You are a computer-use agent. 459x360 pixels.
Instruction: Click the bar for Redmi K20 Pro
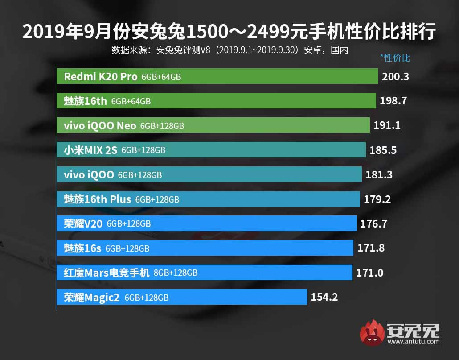217,76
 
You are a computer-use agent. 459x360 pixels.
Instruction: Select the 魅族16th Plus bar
208,199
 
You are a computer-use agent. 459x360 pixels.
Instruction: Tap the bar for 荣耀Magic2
182,297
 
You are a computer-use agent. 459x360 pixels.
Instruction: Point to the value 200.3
395,77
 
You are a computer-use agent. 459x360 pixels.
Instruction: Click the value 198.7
393,101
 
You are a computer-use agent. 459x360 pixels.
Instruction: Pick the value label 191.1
387,125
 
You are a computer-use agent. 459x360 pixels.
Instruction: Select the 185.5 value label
383,150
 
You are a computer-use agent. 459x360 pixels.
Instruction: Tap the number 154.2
324,297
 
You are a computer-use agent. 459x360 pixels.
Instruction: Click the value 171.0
369,273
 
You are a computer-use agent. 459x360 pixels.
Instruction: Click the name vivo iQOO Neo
100,126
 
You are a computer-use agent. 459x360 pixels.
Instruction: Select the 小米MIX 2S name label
90,150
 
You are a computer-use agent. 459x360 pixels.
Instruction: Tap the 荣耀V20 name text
83,223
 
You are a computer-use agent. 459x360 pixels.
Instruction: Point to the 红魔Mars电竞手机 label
107,273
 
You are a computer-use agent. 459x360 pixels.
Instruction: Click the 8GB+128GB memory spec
175,273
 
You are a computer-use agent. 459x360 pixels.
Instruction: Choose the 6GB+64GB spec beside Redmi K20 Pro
161,77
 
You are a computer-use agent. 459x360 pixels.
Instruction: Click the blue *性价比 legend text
395,58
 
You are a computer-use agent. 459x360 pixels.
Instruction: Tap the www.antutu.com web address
413,342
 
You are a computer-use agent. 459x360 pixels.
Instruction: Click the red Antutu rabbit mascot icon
373,332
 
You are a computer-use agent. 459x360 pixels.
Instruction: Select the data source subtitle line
229,50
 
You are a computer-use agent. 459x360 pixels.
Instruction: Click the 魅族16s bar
205,248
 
